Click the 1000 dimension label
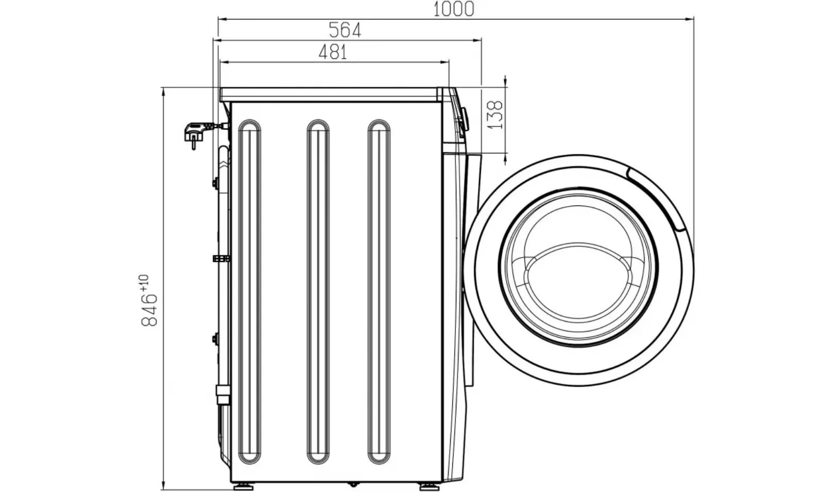click(453, 9)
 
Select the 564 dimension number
click(345, 30)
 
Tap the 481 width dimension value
click(333, 52)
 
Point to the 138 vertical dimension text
click(496, 115)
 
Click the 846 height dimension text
click(149, 310)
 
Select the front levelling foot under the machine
click(429, 487)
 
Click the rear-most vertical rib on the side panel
click(249, 292)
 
